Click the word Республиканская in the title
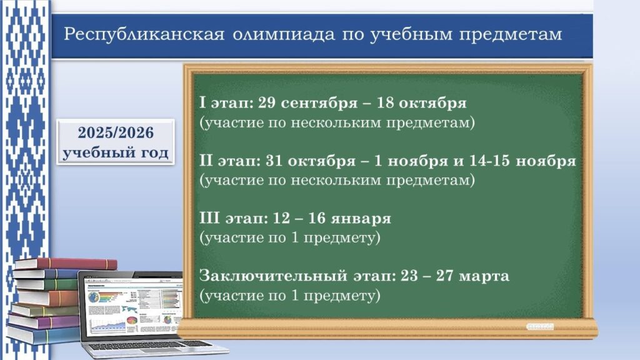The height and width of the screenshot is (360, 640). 144,34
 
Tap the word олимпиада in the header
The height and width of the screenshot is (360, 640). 284,34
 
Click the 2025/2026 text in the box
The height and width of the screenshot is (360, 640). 116,132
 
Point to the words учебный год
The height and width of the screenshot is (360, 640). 116,152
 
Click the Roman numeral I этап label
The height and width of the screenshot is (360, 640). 225,103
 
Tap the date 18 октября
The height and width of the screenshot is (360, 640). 421,103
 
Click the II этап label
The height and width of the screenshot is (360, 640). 230,161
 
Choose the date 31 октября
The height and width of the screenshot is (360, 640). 311,161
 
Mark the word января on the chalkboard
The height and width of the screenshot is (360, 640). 361,219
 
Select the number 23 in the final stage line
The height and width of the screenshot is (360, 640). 409,276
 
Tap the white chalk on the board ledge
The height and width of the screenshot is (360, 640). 539,326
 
